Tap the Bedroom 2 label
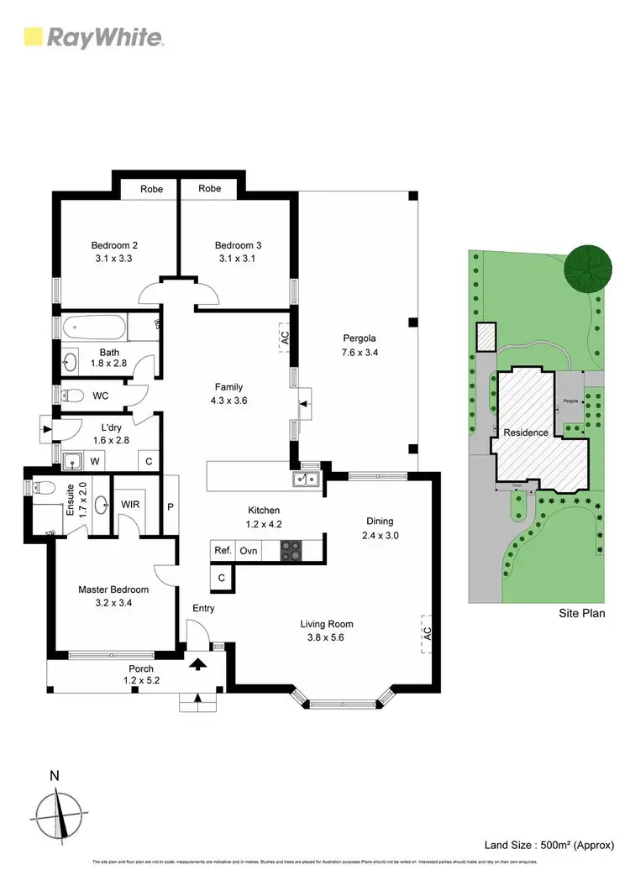(114, 245)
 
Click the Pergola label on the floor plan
(359, 339)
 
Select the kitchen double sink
(305, 480)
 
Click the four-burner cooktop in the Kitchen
(291, 551)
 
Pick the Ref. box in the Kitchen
(223, 551)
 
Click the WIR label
(131, 504)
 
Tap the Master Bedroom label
(113, 590)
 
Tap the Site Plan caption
(582, 614)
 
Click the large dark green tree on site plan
(588, 268)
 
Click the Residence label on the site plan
(526, 432)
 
